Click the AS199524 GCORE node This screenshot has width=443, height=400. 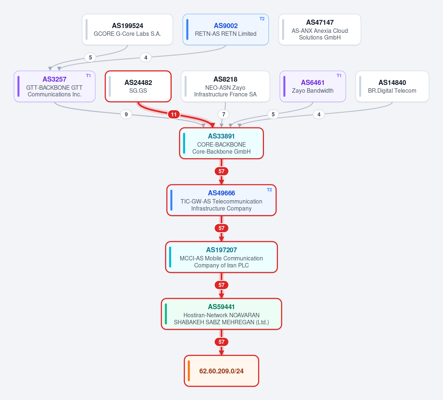coord(127,30)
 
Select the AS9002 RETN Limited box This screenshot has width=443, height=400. coord(226,30)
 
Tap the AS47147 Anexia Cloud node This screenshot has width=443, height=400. coord(320,30)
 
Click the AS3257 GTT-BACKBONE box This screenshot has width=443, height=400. coord(55,86)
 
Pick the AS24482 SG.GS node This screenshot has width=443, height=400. coord(138,86)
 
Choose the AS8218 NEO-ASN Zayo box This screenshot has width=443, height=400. coord(226,86)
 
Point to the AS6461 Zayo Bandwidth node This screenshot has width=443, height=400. coord(313,86)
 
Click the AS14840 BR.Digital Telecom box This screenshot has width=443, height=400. coord(392,86)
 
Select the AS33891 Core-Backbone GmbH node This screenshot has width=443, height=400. coord(221,143)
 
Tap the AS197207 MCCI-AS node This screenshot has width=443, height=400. coord(221,257)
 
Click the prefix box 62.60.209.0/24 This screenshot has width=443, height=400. coord(221,371)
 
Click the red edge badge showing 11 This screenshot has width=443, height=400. coord(174,114)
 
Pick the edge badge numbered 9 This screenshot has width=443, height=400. coord(126,114)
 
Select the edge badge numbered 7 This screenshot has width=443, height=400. coord(223,114)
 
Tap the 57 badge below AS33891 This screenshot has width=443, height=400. coord(221,171)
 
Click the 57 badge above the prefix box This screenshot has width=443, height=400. coord(221,342)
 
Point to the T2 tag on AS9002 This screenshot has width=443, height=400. coord(262,19)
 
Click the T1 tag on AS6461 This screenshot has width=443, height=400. coord(339,76)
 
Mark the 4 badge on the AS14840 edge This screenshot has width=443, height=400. coord(319,114)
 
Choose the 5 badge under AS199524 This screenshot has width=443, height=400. coord(90,58)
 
